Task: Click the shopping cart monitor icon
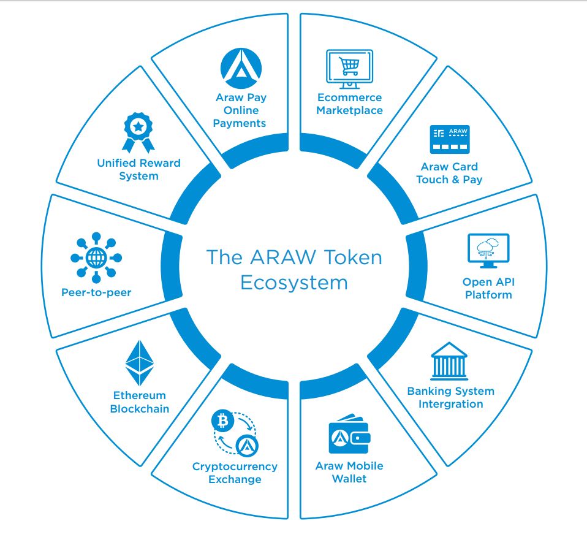click(349, 69)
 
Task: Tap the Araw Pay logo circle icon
click(241, 69)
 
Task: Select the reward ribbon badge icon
click(138, 132)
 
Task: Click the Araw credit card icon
click(450, 139)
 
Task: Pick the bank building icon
click(449, 361)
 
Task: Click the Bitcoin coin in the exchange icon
click(223, 421)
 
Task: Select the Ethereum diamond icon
click(139, 363)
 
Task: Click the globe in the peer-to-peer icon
click(96, 257)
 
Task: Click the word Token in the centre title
click(353, 257)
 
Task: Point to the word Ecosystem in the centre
click(294, 283)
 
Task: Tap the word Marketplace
click(350, 110)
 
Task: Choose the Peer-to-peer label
click(96, 292)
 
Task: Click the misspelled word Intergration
click(451, 405)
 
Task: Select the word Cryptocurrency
click(235, 467)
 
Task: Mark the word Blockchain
click(139, 408)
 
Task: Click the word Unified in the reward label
click(115, 163)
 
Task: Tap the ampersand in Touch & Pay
click(456, 180)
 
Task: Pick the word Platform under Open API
click(488, 295)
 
